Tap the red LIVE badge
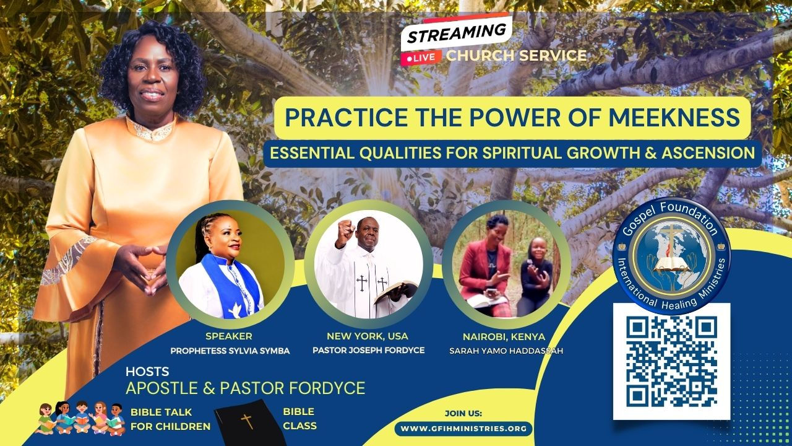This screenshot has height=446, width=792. tap(421, 58)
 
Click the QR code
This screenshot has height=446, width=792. tap(671, 361)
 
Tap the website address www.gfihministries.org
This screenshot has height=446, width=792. tap(463, 429)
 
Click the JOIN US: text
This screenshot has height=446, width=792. tap(463, 413)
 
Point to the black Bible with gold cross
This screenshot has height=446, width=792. tap(247, 423)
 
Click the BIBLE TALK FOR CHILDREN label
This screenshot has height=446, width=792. tap(170, 419)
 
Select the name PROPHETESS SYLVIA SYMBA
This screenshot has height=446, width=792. tap(230, 351)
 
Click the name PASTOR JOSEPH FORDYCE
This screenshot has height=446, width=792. tap(368, 351)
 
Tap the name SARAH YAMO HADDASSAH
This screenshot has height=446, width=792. tap(506, 351)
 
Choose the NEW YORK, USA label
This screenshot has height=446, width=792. tap(368, 336)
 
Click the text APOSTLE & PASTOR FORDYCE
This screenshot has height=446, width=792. tap(246, 388)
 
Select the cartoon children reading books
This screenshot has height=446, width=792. tap(80, 418)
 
